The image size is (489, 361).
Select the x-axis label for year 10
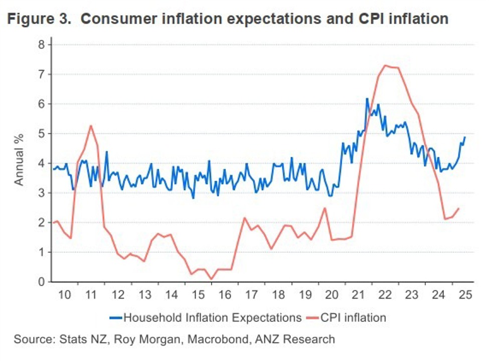coord(64,294)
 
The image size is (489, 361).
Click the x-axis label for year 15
coord(198,294)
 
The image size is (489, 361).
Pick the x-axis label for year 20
coord(332,294)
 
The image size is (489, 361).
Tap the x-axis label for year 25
coord(464,294)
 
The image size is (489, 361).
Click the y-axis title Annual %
coord(19,163)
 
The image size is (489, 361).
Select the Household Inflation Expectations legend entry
coord(206,317)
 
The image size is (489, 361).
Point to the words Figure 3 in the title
coord(39,19)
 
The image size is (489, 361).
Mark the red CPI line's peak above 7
coord(385,65)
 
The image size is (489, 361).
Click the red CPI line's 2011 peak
coord(91,126)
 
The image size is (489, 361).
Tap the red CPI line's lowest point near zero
coord(211,279)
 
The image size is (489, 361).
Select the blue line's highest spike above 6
coord(367,99)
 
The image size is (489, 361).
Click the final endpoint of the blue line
coord(465,137)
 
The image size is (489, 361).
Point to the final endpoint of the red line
coord(458,209)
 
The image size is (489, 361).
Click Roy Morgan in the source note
coord(147,339)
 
